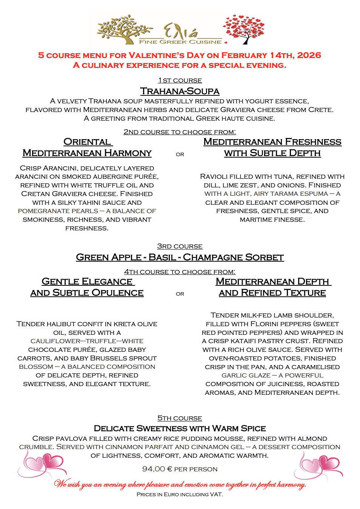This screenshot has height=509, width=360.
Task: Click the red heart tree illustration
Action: (x=244, y=28)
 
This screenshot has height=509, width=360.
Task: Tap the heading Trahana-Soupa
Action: (x=180, y=91)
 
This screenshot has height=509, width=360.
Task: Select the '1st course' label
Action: (x=180, y=81)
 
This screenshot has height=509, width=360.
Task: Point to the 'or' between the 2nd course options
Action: (x=180, y=154)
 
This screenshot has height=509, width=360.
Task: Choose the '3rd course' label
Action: (x=180, y=247)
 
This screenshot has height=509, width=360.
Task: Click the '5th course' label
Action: (x=180, y=418)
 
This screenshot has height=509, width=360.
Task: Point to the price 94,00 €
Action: (x=157, y=469)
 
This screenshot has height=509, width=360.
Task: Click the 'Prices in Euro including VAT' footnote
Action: (x=180, y=494)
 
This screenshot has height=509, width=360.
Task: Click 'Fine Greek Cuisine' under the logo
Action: (x=180, y=42)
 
